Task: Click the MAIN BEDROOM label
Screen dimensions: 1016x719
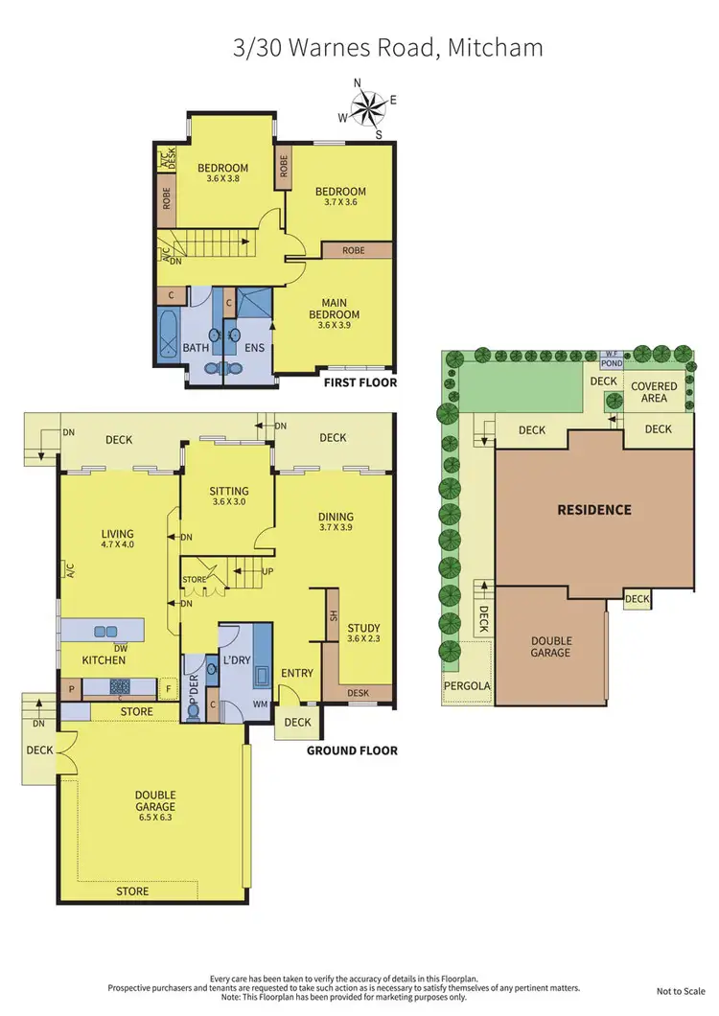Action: click(334, 309)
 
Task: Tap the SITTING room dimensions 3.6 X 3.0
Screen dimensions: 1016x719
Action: click(228, 501)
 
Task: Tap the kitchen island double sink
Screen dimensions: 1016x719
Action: click(104, 631)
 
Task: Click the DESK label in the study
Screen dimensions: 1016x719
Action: click(358, 693)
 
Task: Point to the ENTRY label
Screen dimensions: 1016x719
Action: click(296, 673)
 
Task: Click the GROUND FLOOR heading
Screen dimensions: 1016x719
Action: click(352, 750)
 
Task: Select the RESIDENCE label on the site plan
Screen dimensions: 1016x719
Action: click(594, 510)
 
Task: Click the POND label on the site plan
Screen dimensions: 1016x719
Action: click(611, 364)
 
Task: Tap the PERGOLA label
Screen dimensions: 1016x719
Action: click(467, 686)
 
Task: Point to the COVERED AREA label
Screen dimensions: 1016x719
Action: click(654, 392)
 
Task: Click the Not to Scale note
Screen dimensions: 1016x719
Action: click(675, 991)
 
